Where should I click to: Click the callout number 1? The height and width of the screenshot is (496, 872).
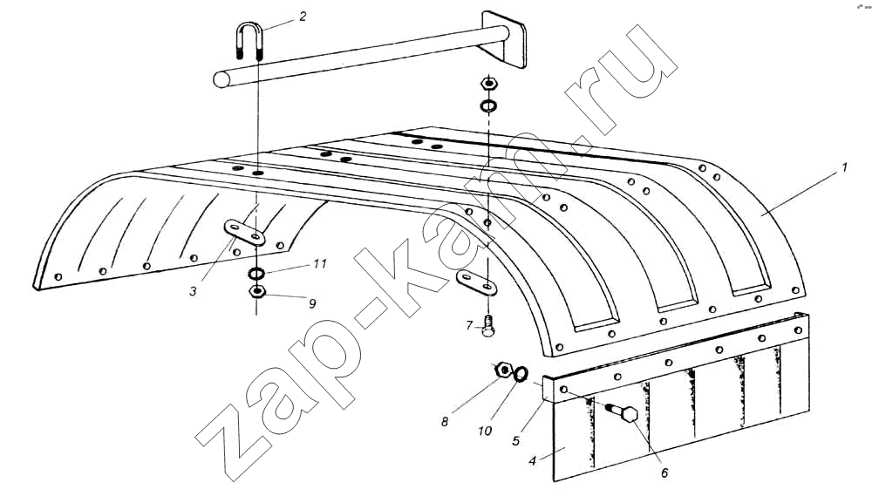pyautogui.click(x=844, y=166)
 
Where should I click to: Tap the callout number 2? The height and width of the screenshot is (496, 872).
pyautogui.click(x=303, y=17)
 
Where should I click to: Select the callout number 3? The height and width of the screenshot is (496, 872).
pyautogui.click(x=193, y=291)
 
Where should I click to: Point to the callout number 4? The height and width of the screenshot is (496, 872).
pyautogui.click(x=532, y=461)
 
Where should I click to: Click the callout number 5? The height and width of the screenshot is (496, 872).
pyautogui.click(x=516, y=441)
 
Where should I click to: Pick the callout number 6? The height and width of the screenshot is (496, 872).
pyautogui.click(x=664, y=473)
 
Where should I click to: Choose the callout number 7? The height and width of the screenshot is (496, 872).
pyautogui.click(x=469, y=325)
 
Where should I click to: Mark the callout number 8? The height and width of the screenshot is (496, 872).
pyautogui.click(x=445, y=422)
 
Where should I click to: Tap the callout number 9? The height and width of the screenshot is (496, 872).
pyautogui.click(x=312, y=303)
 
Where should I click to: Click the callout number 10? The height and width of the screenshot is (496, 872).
pyautogui.click(x=485, y=431)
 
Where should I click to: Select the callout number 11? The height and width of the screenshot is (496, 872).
pyautogui.click(x=320, y=263)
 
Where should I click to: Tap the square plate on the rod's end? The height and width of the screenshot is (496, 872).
pyautogui.click(x=503, y=39)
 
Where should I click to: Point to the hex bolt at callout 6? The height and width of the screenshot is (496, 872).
pyautogui.click(x=621, y=412)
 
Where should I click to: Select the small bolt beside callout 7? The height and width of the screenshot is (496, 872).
pyautogui.click(x=488, y=326)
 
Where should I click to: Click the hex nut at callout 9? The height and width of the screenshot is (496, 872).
pyautogui.click(x=256, y=291)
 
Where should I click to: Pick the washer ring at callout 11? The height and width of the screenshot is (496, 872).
pyautogui.click(x=256, y=274)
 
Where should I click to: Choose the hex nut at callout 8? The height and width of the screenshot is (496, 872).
pyautogui.click(x=503, y=370)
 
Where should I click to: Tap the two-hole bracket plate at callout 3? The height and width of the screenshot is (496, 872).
pyautogui.click(x=245, y=233)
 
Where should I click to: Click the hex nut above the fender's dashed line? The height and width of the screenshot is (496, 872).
pyautogui.click(x=489, y=84)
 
